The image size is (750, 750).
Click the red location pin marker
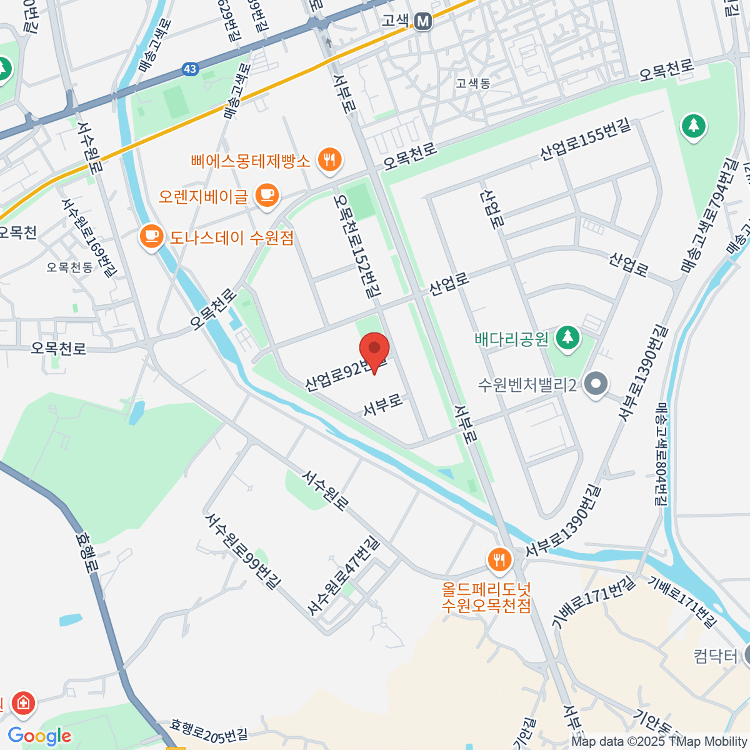point(374,351)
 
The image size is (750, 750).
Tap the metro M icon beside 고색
point(423,21)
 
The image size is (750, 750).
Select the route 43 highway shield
point(191,69)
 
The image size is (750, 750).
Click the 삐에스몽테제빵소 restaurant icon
point(328,161)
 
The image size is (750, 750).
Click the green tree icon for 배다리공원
point(567,338)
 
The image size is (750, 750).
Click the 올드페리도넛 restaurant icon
point(499,559)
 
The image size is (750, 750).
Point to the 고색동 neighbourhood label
point(472,83)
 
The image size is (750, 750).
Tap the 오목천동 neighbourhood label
point(70,267)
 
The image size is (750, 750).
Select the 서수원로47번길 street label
point(343,575)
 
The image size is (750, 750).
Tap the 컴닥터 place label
point(716,656)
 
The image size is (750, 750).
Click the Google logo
point(39,736)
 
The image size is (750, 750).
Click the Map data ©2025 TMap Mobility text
point(659,742)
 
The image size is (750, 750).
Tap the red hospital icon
point(24,704)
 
